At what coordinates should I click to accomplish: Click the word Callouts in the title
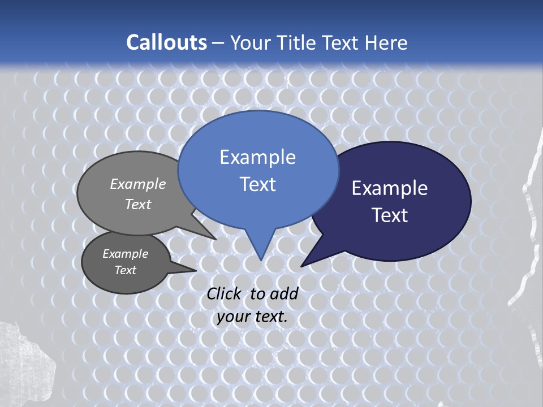pyautogui.click(x=166, y=42)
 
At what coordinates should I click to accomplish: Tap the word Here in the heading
pyautogui.click(x=386, y=42)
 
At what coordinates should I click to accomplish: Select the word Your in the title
pyautogui.click(x=251, y=42)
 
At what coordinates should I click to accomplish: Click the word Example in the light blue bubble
pyautogui.click(x=257, y=157)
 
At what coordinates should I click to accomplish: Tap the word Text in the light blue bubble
pyautogui.click(x=257, y=184)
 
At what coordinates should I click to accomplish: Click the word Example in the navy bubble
pyautogui.click(x=390, y=188)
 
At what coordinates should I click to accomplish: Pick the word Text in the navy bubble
pyautogui.click(x=390, y=215)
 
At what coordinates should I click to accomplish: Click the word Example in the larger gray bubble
pyautogui.click(x=138, y=184)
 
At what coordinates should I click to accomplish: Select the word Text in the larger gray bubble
pyautogui.click(x=138, y=204)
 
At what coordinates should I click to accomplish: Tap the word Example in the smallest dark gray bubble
pyautogui.click(x=125, y=254)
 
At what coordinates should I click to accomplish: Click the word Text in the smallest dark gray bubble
pyautogui.click(x=125, y=270)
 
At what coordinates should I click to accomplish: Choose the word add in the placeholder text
pyautogui.click(x=284, y=293)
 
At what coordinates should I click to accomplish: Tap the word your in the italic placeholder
pyautogui.click(x=233, y=317)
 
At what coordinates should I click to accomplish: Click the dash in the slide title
pyautogui.click(x=219, y=42)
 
